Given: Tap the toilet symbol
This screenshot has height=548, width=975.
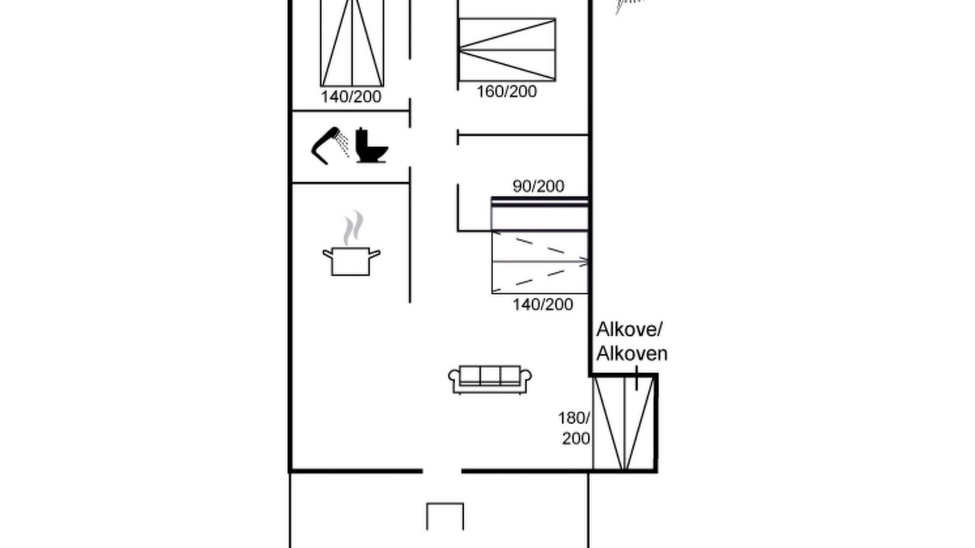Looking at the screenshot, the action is tap(371, 145).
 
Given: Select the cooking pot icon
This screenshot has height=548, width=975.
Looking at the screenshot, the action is tap(351, 261).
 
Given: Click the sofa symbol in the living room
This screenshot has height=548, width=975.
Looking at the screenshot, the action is tap(490, 380).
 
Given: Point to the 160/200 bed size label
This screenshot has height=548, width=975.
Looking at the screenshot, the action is tap(507, 92).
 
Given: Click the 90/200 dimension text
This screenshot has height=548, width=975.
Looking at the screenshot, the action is tap(539, 186).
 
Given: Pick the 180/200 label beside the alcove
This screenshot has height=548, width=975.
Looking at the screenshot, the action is tap(574, 429).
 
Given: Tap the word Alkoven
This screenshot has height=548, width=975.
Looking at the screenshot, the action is tap(631, 353).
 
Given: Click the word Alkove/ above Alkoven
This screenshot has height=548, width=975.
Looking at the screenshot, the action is tap(629, 330).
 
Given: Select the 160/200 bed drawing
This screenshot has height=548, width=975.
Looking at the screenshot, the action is tap(507, 49).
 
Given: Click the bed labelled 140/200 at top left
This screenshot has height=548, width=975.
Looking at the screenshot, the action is tap(352, 43).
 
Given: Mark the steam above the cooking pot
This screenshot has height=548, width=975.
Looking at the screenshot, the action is tap(353, 228).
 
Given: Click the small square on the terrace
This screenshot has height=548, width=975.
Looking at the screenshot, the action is tap(445, 516).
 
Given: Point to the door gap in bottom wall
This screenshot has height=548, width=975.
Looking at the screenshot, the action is tap(442, 470).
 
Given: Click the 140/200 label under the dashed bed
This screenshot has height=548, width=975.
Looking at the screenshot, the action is tap(543, 304).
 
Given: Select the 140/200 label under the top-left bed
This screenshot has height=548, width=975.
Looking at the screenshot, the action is tap(351, 97).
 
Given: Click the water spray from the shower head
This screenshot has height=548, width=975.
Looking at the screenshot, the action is tap(343, 144).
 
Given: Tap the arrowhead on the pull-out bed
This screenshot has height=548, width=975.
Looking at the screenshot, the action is tap(583, 262).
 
